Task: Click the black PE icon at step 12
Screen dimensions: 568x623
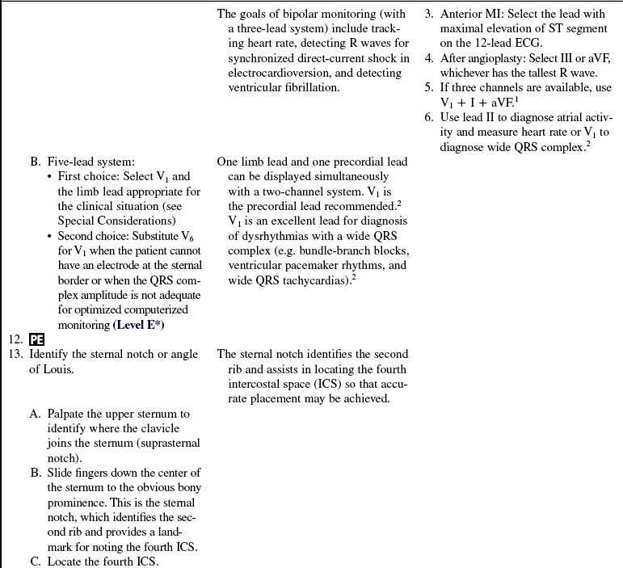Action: [x=36, y=339]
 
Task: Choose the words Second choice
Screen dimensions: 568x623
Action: [x=93, y=236]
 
